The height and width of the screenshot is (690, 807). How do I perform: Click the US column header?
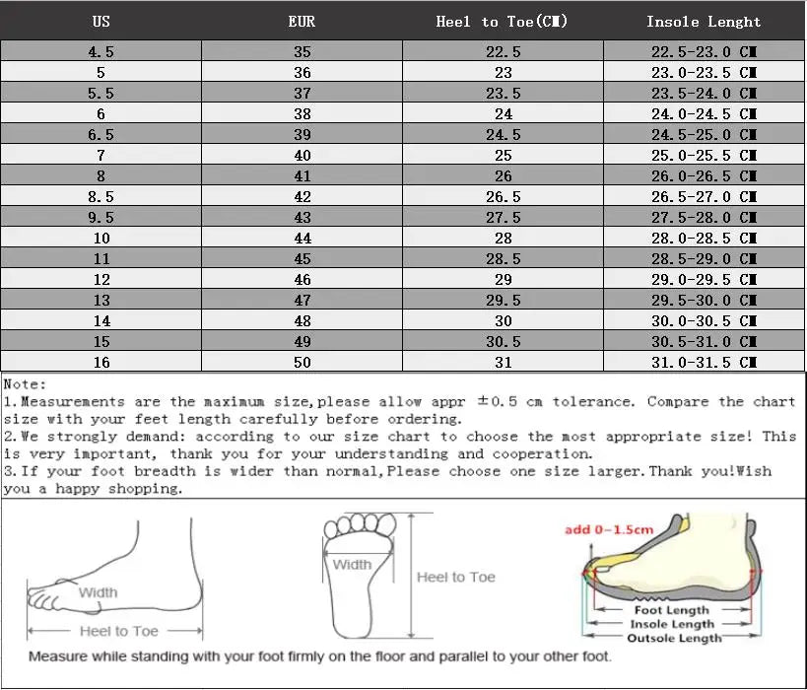click(x=101, y=21)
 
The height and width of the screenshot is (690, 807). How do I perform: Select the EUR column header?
click(x=302, y=21)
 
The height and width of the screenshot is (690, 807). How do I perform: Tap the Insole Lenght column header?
click(x=704, y=21)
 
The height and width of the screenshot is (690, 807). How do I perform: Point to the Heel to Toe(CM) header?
click(x=503, y=21)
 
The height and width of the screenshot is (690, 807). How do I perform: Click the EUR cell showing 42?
click(x=302, y=196)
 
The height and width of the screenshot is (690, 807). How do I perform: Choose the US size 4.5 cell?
click(x=101, y=51)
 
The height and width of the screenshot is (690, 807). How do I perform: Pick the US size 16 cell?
click(x=101, y=362)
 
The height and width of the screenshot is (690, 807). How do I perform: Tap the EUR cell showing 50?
click(x=302, y=362)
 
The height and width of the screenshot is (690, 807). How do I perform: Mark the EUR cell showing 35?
click(x=302, y=51)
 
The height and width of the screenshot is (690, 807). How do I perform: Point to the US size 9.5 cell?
click(x=101, y=217)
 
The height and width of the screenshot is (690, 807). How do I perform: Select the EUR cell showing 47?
click(x=302, y=300)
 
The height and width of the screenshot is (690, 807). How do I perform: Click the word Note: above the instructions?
click(x=25, y=384)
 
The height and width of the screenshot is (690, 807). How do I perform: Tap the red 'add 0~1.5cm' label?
click(x=608, y=529)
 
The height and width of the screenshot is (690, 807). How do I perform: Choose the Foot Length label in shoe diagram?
click(x=672, y=610)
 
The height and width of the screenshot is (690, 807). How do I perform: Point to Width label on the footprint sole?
click(x=352, y=565)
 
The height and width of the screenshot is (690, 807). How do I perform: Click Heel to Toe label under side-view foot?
click(x=117, y=630)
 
